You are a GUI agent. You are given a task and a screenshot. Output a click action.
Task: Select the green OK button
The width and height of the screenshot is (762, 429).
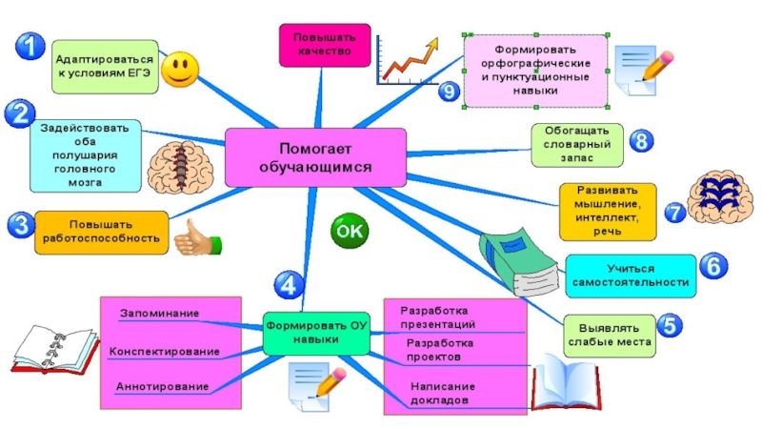350,230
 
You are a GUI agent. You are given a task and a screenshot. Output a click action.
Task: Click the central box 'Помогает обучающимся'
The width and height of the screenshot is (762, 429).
314,157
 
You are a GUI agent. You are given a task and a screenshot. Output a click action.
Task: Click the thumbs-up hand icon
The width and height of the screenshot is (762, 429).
195,238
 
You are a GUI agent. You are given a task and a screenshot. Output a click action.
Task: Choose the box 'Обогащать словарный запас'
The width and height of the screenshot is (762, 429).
577,143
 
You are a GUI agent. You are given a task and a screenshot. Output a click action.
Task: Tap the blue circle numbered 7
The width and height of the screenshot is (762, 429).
674,212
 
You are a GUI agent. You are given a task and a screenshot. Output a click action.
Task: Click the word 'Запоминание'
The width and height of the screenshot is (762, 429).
159,313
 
